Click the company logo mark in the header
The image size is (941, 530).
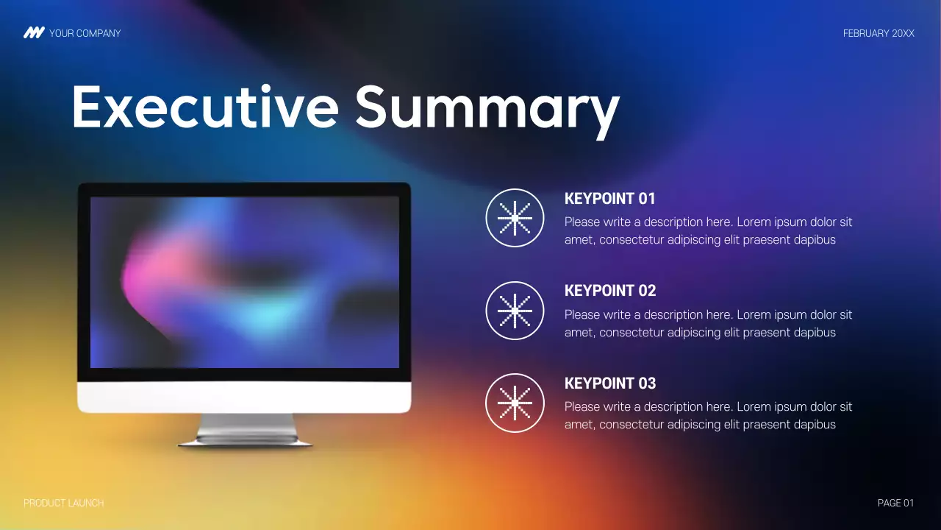click(x=34, y=33)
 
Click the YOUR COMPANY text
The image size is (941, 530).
click(x=85, y=33)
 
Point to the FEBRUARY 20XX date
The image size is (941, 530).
click(x=879, y=33)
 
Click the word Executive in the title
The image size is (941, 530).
click(x=204, y=107)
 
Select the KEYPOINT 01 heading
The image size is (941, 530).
click(x=609, y=199)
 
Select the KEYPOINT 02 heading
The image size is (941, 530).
click(x=609, y=291)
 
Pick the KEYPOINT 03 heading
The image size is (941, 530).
click(x=609, y=384)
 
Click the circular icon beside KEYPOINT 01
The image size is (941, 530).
click(x=515, y=218)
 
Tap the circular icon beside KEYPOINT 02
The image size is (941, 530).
click(x=515, y=311)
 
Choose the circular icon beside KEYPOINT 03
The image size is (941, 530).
click(x=515, y=403)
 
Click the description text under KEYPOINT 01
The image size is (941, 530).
click(x=707, y=230)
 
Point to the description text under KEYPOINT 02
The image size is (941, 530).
click(x=707, y=323)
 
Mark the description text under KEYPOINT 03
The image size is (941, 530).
click(x=707, y=415)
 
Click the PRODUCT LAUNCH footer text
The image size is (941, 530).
click(x=64, y=504)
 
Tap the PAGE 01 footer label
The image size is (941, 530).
click(x=895, y=504)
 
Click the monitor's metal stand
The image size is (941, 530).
click(x=246, y=428)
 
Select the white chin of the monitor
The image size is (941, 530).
click(x=244, y=397)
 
